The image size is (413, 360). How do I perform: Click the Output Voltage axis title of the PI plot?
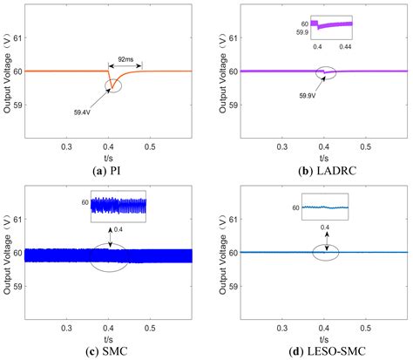(7, 73)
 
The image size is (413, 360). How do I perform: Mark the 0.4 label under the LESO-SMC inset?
(328, 226)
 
